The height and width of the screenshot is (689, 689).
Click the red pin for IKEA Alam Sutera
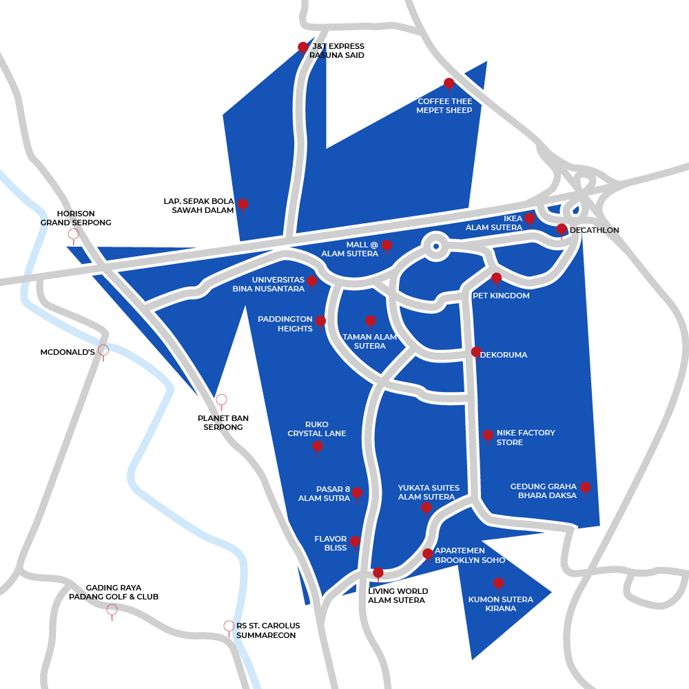pos(529,218)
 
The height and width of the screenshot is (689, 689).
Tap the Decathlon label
pos(595,230)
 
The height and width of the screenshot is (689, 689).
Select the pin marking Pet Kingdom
pos(496,278)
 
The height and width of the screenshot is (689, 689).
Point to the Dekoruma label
pos(504,355)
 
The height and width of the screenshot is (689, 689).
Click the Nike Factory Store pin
pos(488,435)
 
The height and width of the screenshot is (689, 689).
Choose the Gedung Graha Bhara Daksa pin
pos(585,487)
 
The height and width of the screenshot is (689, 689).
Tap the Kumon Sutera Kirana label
pos(500,604)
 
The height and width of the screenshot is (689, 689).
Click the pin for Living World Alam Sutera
pos(378,573)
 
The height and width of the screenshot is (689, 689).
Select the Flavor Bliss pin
pos(355,542)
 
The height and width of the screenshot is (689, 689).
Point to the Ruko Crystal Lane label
pos(317,429)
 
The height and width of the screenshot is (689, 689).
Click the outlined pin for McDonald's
pos(103,350)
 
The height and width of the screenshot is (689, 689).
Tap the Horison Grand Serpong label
pos(76,218)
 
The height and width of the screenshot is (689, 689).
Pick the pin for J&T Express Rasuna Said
pos(302,47)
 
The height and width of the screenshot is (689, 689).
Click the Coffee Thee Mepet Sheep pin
pos(449,83)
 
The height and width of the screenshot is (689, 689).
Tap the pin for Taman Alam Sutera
pos(370,320)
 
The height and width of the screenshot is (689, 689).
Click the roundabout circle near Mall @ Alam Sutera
pos(435,245)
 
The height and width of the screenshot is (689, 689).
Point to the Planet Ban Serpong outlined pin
pos(221,400)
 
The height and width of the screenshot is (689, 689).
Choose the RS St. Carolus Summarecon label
pos(268,630)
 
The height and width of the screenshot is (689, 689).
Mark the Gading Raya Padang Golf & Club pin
pos(112,610)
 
